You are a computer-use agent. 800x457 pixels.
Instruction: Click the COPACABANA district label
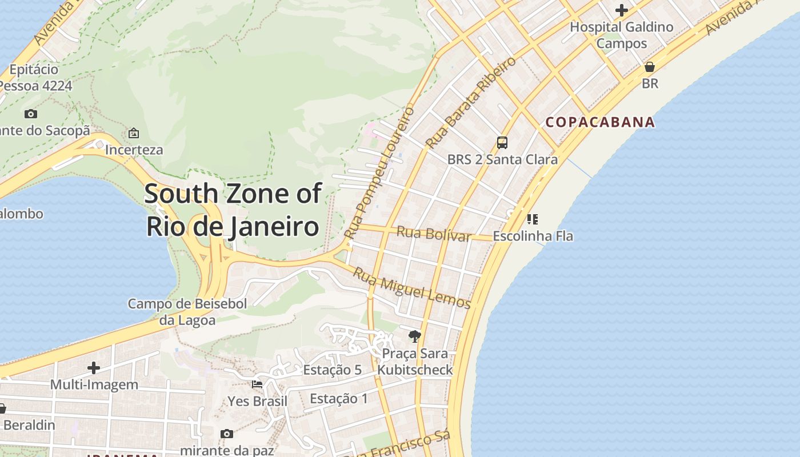[599, 122]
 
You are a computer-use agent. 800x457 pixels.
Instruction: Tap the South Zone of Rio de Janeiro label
[233, 210]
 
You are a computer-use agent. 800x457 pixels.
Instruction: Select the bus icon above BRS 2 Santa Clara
[502, 143]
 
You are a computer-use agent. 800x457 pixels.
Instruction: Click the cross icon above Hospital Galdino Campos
[621, 10]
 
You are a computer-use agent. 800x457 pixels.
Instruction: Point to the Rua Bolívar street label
[434, 234]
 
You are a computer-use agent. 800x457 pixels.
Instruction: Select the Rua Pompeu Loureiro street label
[379, 173]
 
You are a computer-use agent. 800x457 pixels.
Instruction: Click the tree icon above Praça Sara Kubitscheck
[414, 336]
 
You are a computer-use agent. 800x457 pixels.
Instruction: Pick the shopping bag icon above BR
[649, 67]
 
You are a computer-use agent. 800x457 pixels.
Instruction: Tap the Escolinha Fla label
[533, 236]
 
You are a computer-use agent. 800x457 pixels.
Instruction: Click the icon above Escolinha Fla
[533, 219]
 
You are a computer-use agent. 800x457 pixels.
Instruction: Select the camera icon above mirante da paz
[227, 434]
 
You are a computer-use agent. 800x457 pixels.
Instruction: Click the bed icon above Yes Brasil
[257, 384]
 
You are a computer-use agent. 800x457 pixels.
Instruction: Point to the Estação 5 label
[332, 370]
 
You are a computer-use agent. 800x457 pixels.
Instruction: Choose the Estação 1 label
[339, 398]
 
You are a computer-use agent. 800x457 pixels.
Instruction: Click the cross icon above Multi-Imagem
[94, 368]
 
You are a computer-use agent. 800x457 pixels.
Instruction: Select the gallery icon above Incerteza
[134, 133]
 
